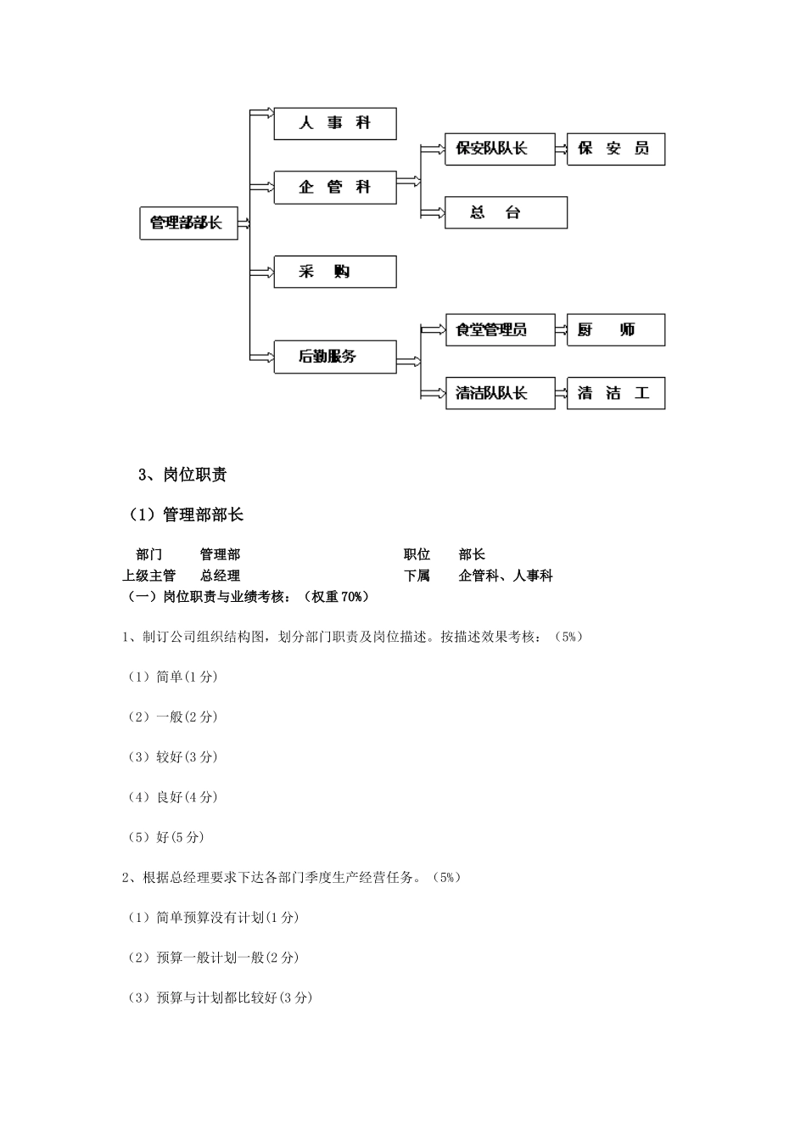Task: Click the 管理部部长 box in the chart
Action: click(188, 223)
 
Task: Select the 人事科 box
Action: click(334, 124)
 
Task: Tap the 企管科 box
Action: click(334, 188)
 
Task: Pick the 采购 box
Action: click(334, 272)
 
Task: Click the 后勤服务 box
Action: click(334, 357)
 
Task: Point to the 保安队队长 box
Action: click(500, 149)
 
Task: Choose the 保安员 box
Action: click(615, 149)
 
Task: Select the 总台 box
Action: click(506, 213)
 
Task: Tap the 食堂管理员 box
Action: click(500, 330)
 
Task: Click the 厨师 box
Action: click(615, 330)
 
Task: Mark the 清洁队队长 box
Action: click(500, 394)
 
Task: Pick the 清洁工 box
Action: click(615, 394)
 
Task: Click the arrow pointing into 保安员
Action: click(561, 149)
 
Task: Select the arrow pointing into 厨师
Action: click(561, 330)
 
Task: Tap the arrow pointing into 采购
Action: click(261, 272)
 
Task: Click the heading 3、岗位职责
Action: click(182, 475)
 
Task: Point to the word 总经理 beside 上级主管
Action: click(220, 576)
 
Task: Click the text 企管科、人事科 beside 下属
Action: click(506, 576)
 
